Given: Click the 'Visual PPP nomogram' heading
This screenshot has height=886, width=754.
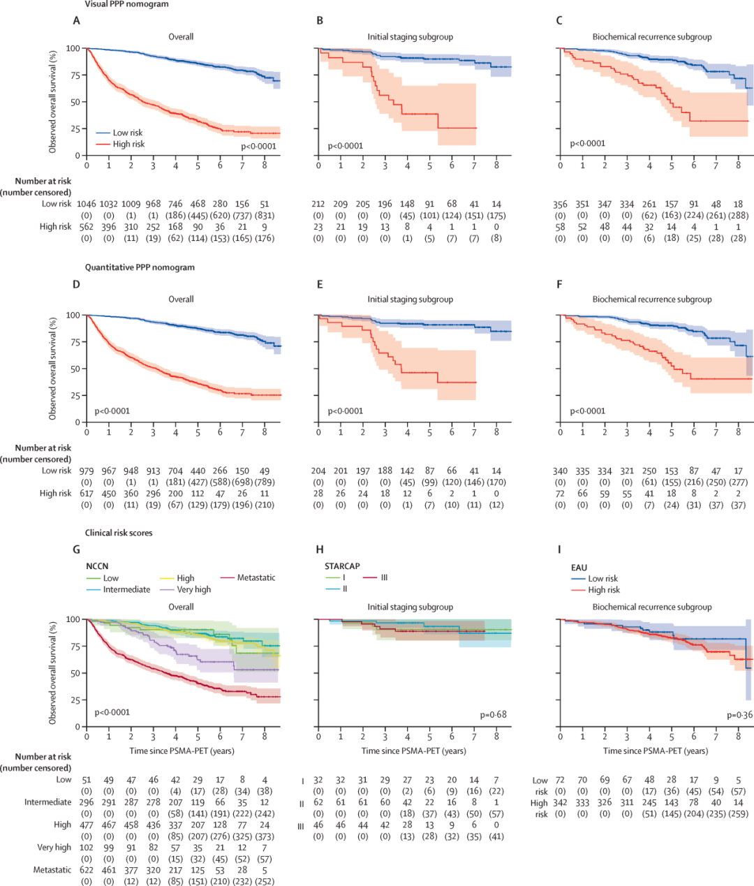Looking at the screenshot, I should click(x=126, y=4).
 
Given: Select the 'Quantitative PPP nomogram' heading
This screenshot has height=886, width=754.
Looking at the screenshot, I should click(x=140, y=267).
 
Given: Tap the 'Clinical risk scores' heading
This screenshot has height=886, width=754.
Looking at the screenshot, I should click(x=119, y=533).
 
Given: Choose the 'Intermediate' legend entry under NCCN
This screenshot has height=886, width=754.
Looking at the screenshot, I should click(x=126, y=589).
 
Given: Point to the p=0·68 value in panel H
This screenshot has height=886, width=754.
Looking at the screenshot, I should click(x=493, y=715).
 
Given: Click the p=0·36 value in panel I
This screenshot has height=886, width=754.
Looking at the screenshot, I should click(x=739, y=715).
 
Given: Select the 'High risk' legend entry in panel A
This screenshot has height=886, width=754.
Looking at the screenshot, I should click(x=128, y=144).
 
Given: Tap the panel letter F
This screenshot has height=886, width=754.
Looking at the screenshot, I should click(x=559, y=284).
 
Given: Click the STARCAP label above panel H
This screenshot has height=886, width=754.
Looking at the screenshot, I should click(x=342, y=566).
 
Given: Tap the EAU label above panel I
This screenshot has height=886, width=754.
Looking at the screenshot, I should click(x=579, y=567).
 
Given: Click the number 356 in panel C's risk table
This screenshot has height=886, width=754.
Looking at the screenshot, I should click(x=560, y=204).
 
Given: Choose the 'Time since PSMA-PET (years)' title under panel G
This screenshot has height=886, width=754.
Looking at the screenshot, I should click(x=182, y=751).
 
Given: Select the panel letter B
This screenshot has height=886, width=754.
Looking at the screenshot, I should click(x=320, y=21).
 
